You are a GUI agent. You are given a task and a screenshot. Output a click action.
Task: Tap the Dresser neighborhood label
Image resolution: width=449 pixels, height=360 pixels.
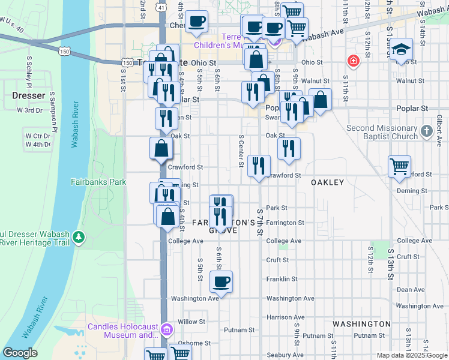28,95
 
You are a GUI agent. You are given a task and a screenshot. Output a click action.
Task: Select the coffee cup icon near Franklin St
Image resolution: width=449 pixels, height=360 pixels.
221,281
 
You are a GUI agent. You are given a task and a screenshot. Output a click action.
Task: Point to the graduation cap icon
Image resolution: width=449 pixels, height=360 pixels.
401,49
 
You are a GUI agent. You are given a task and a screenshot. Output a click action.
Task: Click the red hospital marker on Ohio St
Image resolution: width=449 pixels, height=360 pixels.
352,61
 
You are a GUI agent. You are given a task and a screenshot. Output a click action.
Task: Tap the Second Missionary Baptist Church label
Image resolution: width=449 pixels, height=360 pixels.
382,132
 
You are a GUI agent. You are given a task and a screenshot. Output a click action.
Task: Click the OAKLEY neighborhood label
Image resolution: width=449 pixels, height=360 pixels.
327,182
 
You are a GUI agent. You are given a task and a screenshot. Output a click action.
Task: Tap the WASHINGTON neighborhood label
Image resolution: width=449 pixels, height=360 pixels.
362,323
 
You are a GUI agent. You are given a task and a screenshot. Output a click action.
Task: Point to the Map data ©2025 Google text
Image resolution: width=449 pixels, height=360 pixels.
411,355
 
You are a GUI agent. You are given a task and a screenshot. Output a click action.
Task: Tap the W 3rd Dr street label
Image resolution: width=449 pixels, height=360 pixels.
29,110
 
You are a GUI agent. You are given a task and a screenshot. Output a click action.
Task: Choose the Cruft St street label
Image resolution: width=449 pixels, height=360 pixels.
278,260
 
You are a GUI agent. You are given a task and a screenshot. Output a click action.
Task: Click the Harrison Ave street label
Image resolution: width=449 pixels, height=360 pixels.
285,317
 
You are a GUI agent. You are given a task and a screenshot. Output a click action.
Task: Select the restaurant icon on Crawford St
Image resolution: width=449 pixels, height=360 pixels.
259,166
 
